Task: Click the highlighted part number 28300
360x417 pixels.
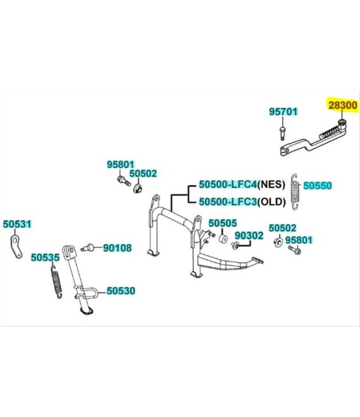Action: [343, 106]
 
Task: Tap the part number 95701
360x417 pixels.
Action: [283, 112]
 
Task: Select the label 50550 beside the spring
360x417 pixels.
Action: [318, 185]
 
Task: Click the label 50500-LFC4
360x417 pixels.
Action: [228, 184]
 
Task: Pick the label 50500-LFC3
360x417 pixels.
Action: [228, 202]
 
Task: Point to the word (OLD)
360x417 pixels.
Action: [272, 202]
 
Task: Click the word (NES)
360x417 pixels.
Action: [271, 184]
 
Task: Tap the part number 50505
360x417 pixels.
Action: [222, 223]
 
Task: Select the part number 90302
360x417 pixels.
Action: [249, 236]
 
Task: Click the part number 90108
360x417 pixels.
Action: [117, 248]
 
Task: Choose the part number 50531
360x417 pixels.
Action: [17, 224]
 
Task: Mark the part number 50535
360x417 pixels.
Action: [45, 257]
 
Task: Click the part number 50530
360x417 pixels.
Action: [121, 291]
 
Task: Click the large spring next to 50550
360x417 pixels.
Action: [294, 191]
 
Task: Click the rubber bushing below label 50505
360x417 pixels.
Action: [223, 238]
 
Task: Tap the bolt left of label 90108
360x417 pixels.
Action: [88, 248]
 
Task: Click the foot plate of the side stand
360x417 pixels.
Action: [87, 311]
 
